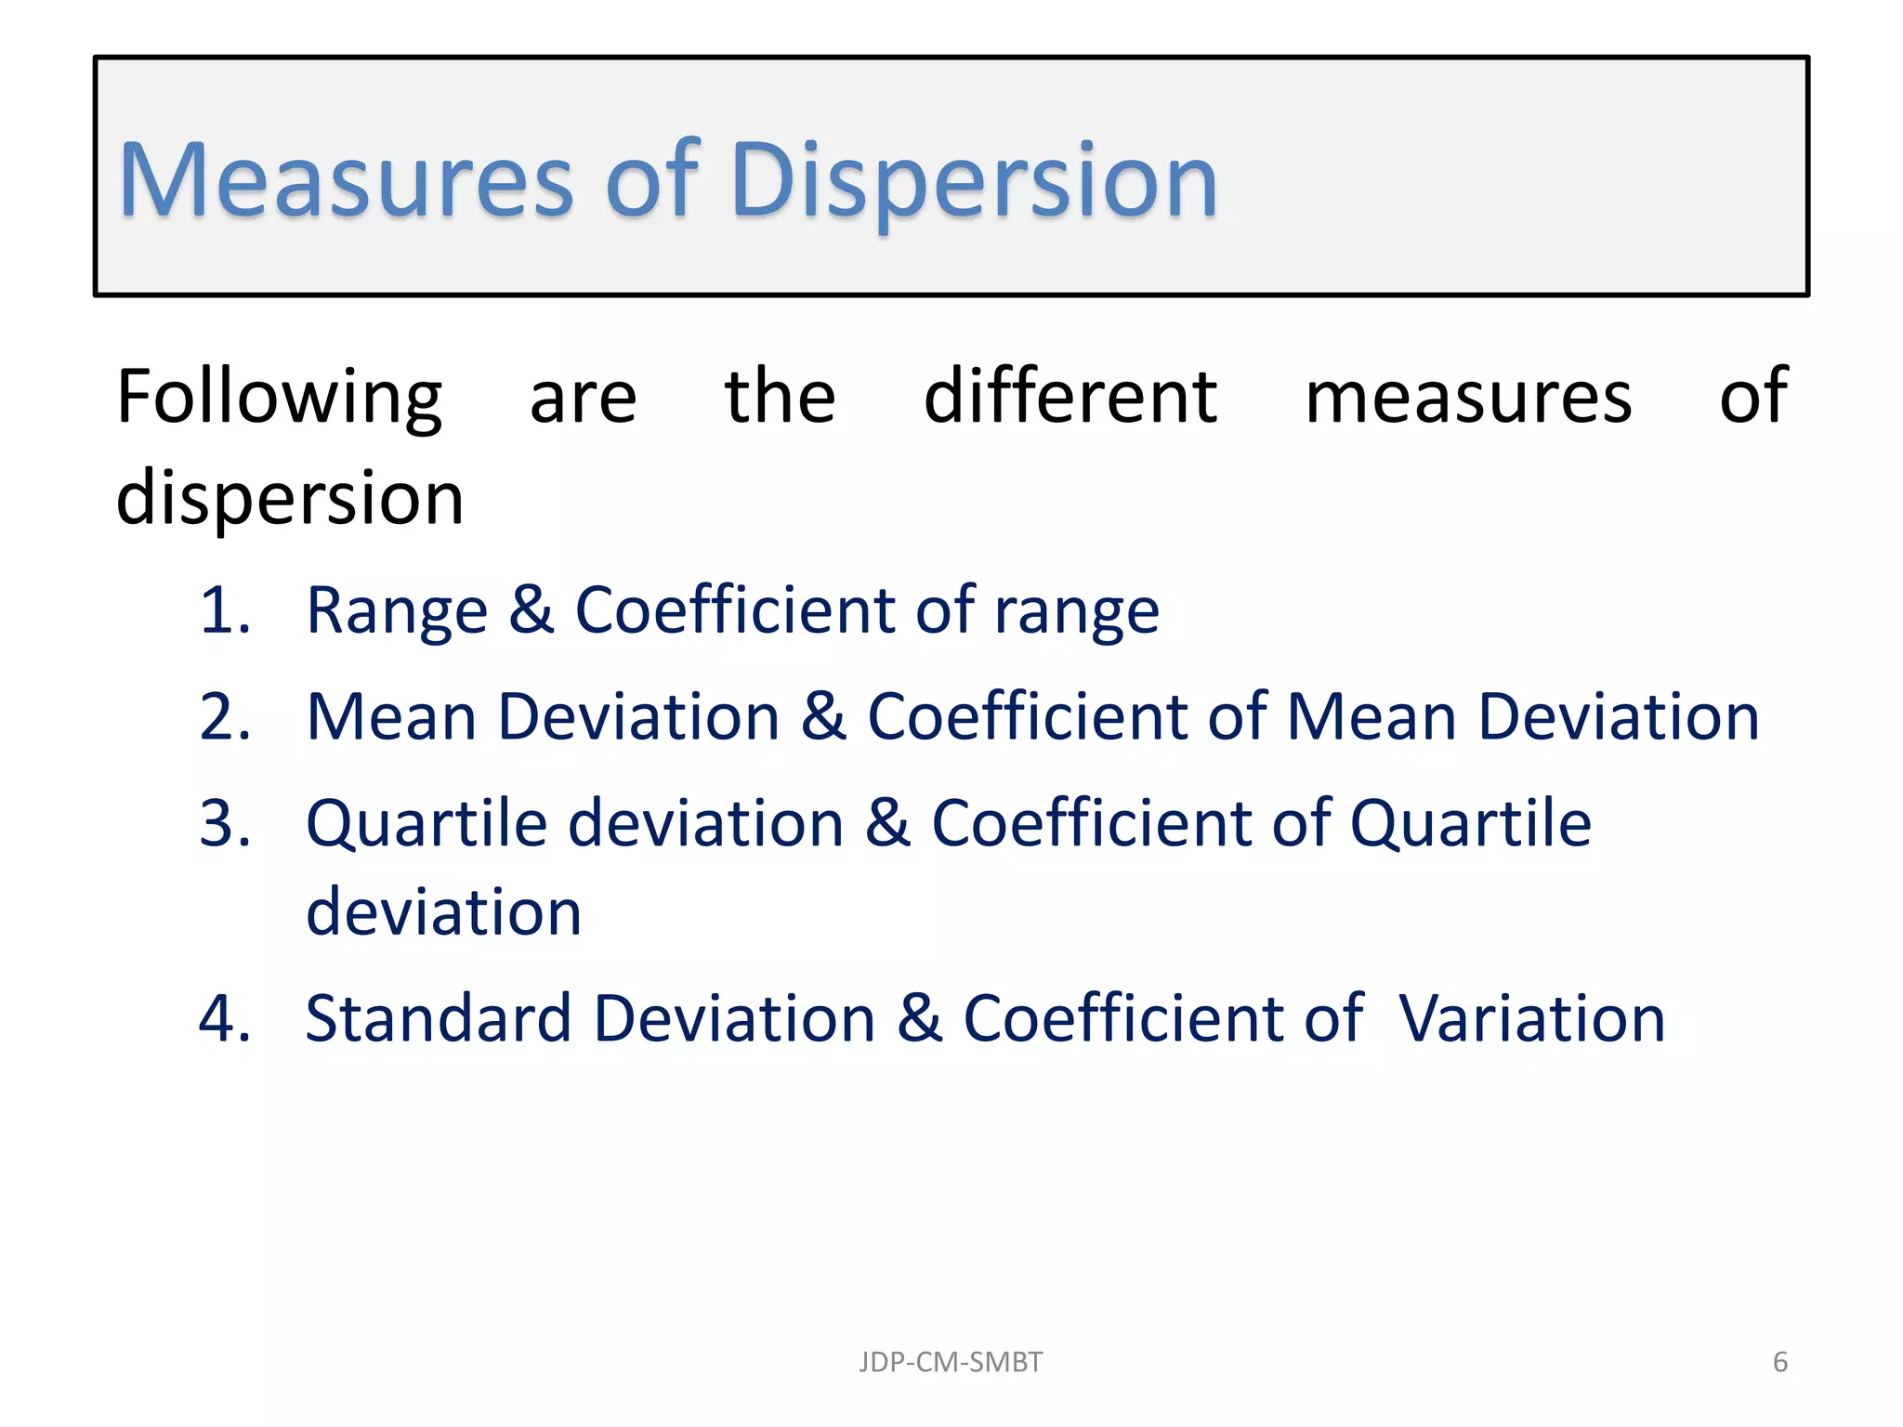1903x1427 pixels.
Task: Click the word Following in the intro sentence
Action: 279,398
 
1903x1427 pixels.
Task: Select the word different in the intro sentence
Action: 1070,398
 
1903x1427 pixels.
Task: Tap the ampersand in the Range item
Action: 532,611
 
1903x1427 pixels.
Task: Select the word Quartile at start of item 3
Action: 427,826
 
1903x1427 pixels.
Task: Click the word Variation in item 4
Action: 1531,1019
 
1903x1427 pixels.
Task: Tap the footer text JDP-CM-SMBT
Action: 950,1362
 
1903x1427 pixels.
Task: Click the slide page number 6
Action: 1780,1362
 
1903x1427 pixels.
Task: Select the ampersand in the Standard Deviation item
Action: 920,1019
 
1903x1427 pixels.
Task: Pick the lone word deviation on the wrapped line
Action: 444,912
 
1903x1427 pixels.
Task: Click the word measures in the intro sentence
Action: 1468,398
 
